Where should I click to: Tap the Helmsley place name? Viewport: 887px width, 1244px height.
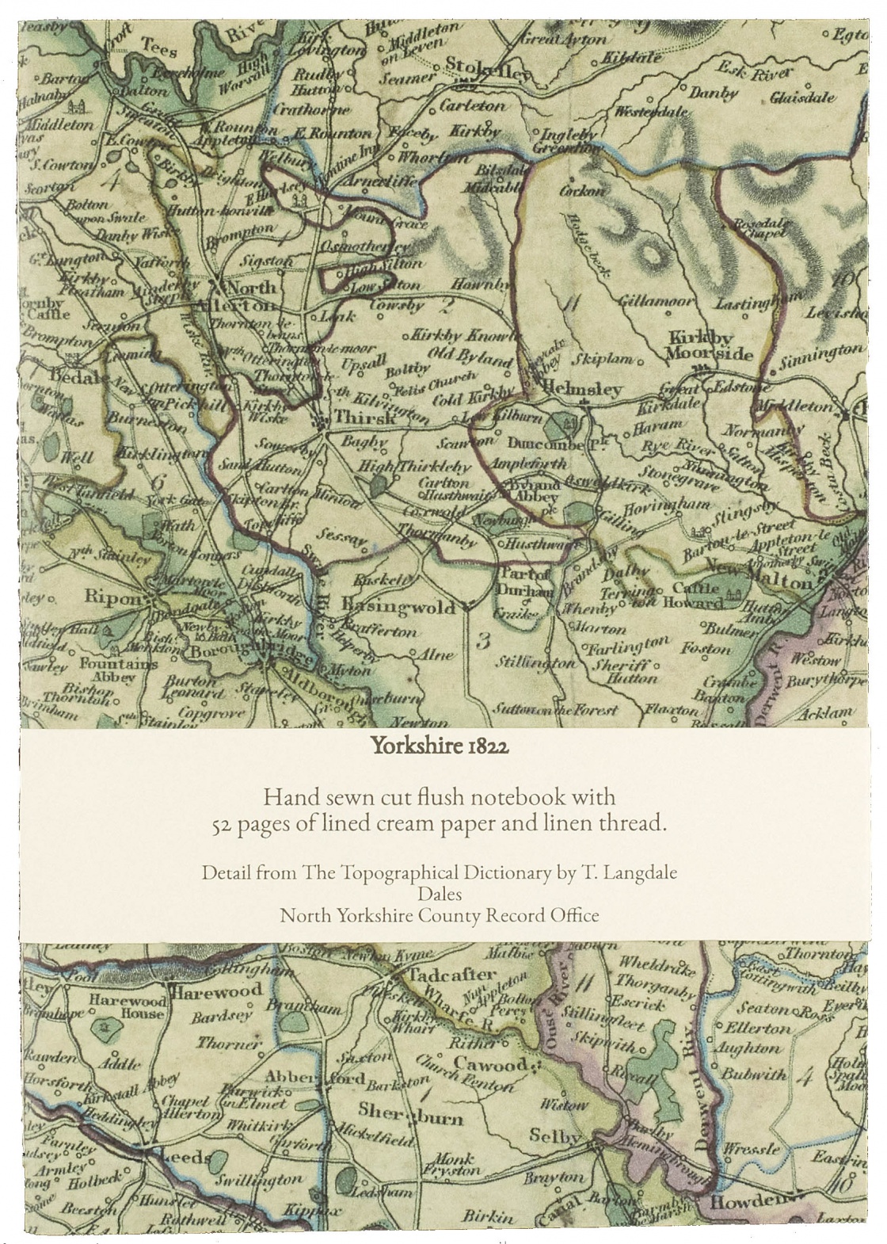584,390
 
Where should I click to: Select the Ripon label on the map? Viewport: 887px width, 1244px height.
117,597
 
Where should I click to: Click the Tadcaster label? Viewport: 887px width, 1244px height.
455,975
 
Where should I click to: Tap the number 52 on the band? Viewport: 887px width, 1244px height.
219,824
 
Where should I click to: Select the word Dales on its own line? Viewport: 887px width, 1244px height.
443,894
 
